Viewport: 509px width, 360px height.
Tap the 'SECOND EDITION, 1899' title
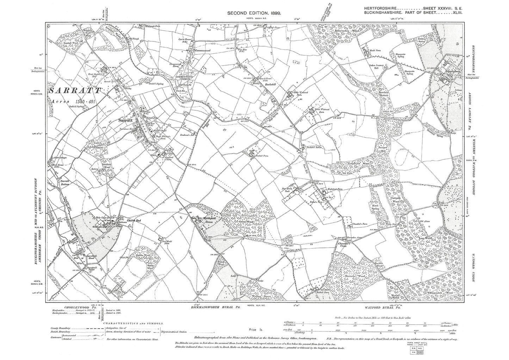[254, 13]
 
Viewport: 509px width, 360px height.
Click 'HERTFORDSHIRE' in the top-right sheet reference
[383, 8]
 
